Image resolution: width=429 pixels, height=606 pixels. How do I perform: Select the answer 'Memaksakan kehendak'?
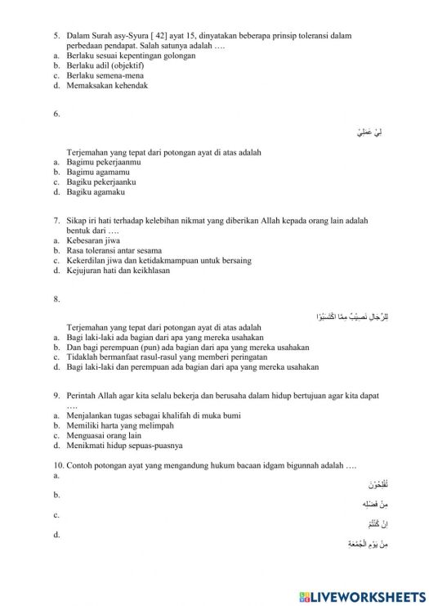pyautogui.click(x=107, y=85)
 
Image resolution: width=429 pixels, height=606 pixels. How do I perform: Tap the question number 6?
pyautogui.click(x=56, y=114)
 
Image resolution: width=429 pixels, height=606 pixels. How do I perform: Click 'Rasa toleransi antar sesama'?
pyautogui.click(x=114, y=250)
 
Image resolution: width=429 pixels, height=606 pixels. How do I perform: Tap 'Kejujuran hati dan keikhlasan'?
pyautogui.click(x=118, y=271)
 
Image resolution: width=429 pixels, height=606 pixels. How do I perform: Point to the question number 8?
pyautogui.click(x=56, y=299)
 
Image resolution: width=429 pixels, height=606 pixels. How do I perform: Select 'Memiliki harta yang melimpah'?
pyautogui.click(x=120, y=425)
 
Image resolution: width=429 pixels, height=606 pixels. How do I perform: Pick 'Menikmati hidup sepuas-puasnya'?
pyautogui.click(x=124, y=446)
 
